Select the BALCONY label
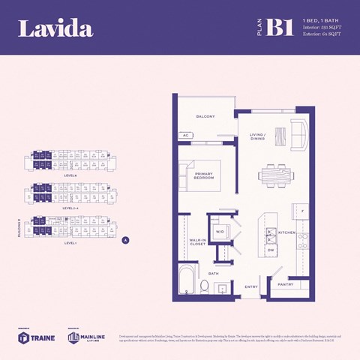click(205, 117)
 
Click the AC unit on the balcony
click(185, 136)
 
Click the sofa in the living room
click(298, 135)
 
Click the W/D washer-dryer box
click(220, 231)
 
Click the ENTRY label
click(250, 286)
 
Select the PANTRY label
click(285, 284)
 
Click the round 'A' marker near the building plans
click(125, 241)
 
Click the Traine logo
click(31, 337)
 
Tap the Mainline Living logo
click(82, 337)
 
